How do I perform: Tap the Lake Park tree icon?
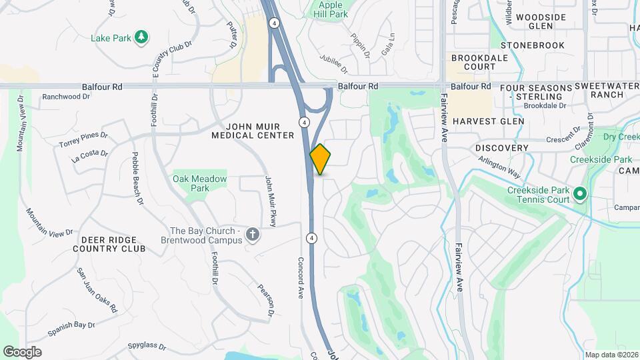click(141, 37)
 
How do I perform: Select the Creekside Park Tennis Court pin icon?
click(579, 195)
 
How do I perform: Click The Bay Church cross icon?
click(252, 234)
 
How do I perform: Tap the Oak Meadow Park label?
click(200, 183)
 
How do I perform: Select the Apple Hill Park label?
click(329, 9)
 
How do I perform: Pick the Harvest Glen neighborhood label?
click(488, 121)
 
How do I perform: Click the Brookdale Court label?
click(479, 63)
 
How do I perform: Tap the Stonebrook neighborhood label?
click(537, 45)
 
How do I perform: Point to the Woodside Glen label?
click(541, 21)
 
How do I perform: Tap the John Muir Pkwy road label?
click(270, 201)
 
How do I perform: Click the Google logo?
click(23, 351)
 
